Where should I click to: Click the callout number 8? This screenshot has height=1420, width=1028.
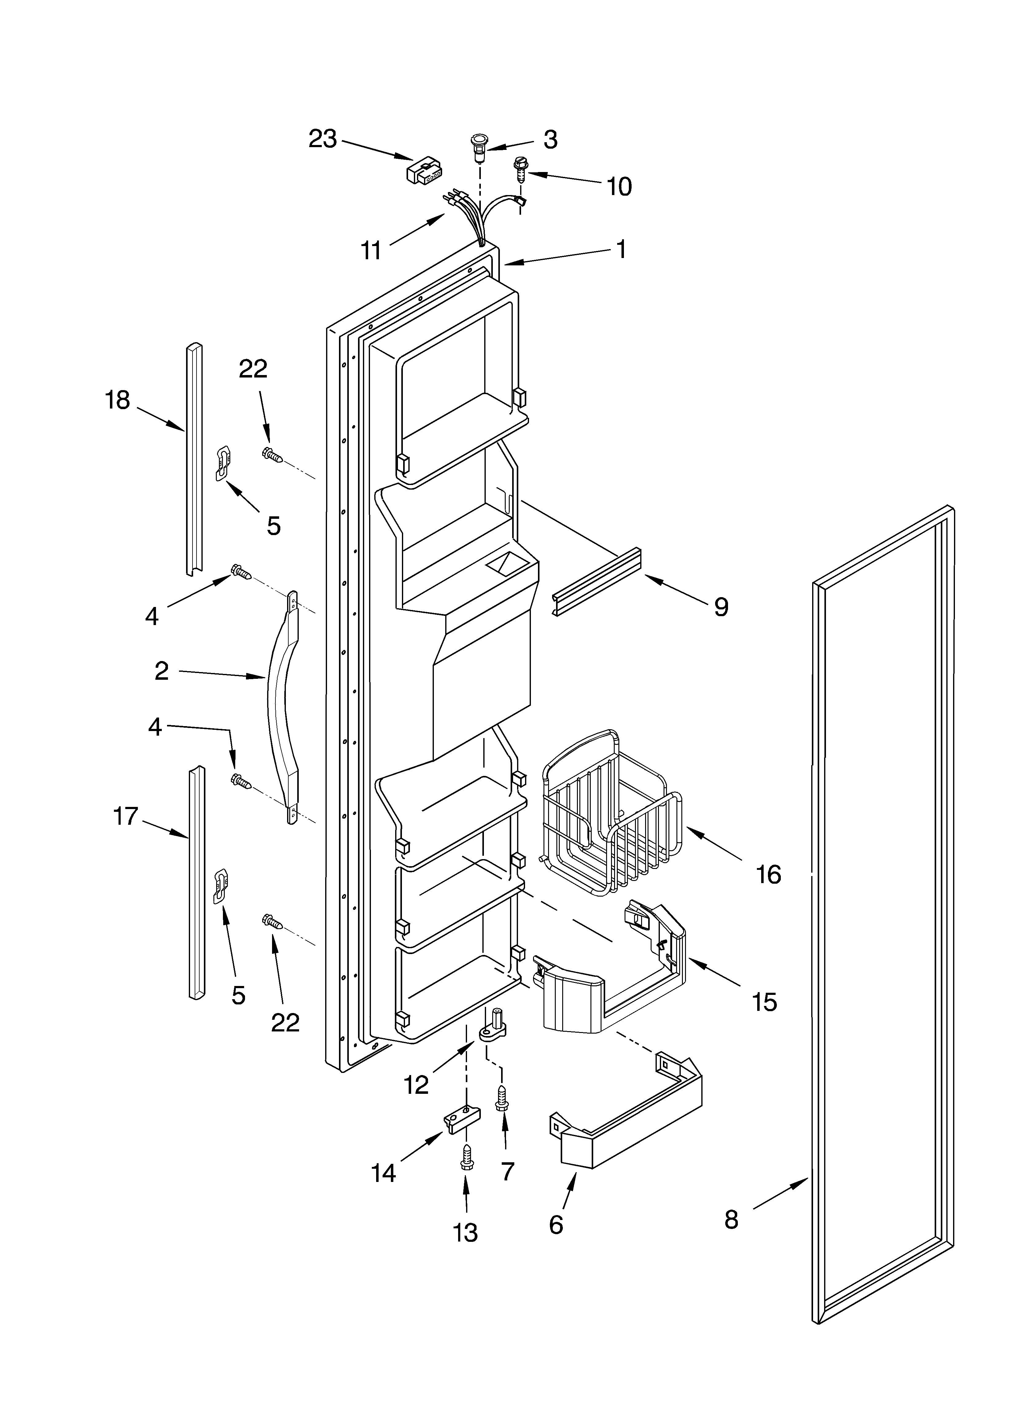coord(731,1220)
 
